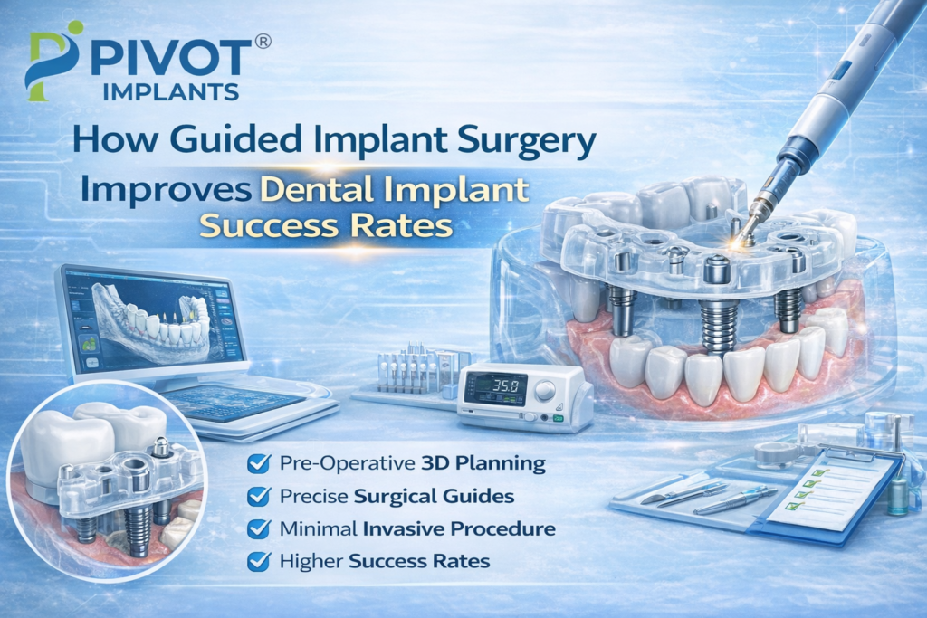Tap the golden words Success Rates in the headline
325,226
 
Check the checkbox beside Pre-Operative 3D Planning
259,464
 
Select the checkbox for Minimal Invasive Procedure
259,528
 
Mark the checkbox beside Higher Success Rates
259,561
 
